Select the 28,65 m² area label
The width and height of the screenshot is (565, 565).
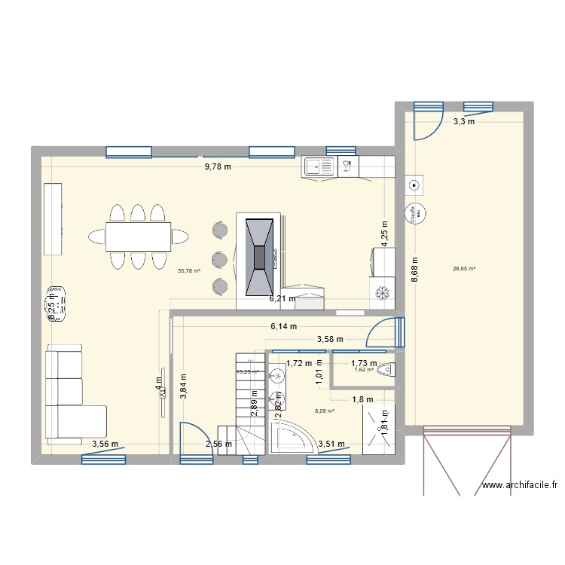click(x=464, y=268)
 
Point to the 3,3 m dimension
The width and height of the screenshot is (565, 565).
click(x=463, y=121)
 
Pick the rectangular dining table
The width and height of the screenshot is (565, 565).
click(x=138, y=236)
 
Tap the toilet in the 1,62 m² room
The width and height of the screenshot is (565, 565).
click(x=386, y=369)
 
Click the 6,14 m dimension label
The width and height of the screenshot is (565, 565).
click(x=283, y=326)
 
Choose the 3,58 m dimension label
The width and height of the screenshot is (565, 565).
click(x=329, y=340)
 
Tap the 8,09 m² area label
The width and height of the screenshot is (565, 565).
click(x=325, y=411)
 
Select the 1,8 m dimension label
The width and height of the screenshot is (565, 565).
click(x=363, y=399)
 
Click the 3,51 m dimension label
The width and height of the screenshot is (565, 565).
click(x=331, y=444)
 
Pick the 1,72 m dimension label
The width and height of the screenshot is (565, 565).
click(x=299, y=364)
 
